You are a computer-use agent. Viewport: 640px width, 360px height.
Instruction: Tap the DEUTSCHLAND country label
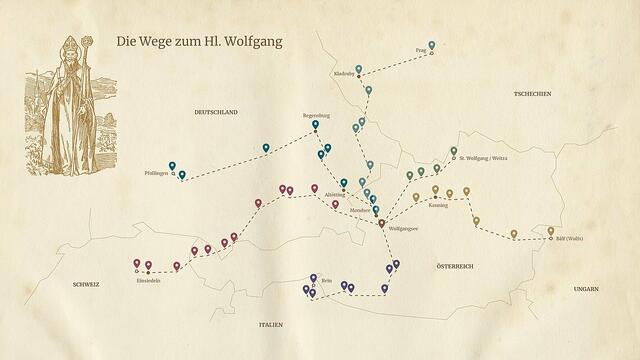click(216, 113)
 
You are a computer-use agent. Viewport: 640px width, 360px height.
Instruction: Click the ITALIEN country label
click(271, 325)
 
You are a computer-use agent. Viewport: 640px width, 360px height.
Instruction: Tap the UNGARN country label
click(585, 288)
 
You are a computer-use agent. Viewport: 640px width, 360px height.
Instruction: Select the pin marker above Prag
click(431, 46)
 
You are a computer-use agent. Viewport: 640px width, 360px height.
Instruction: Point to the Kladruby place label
click(344, 74)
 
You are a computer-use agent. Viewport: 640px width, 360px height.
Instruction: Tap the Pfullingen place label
click(158, 174)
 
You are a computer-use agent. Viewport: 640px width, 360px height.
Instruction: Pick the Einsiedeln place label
click(149, 281)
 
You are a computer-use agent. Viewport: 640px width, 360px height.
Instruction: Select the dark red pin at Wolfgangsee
click(381, 224)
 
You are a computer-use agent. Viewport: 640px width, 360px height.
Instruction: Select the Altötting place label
click(335, 195)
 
